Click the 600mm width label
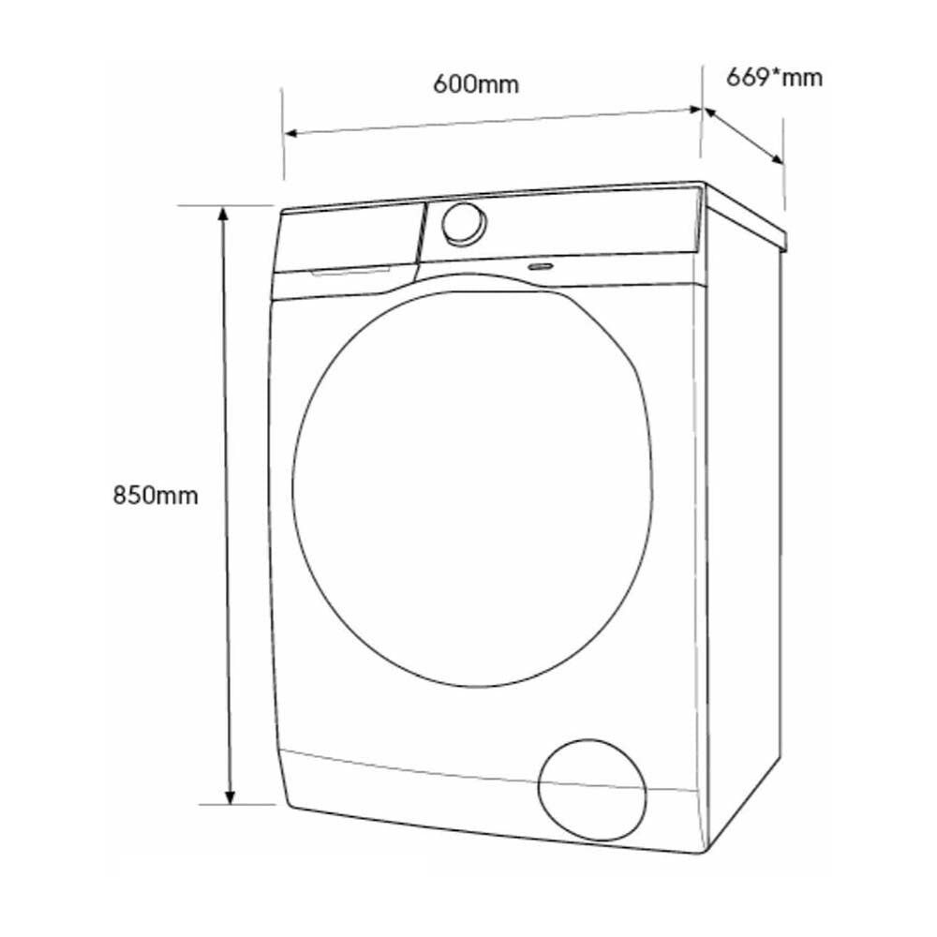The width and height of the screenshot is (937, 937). tap(476, 84)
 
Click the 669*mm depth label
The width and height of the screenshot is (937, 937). tap(774, 78)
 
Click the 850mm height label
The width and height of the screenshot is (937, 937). tap(156, 496)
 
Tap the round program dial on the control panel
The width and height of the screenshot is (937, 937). tap(464, 225)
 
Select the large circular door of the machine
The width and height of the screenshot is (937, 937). tap(471, 488)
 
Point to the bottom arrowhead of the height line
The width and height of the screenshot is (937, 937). tap(230, 796)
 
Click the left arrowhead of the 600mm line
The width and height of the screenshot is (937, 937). tap(291, 133)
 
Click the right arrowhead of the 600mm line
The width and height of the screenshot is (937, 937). tap(693, 110)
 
